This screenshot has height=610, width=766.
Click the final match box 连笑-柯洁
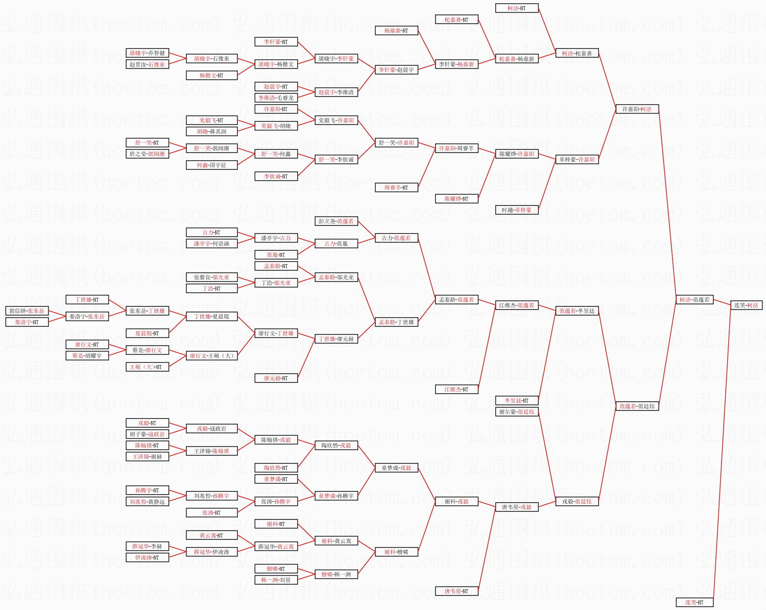(746, 305)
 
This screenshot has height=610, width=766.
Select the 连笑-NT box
(695, 602)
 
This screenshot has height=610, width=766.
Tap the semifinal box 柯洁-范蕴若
(695, 300)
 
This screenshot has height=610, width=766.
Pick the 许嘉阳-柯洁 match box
(637, 109)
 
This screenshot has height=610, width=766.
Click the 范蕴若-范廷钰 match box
(637, 406)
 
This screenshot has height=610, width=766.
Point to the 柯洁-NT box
(517, 8)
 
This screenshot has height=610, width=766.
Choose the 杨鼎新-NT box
(396, 30)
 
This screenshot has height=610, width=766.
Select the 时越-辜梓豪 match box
(517, 210)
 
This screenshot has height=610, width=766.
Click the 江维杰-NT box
(457, 389)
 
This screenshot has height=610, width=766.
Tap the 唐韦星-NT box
(457, 591)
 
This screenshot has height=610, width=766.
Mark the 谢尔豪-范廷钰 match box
(517, 412)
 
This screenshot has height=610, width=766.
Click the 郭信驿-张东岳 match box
(27, 311)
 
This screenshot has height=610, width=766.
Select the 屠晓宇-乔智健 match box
(147, 53)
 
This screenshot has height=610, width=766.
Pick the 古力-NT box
(212, 232)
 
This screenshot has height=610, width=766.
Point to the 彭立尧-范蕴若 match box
(336, 221)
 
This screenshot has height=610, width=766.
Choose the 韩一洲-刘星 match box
(276, 580)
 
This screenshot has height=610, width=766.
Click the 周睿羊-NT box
(396, 187)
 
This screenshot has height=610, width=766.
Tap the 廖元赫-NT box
(276, 378)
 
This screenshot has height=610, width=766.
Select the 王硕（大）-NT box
(147, 367)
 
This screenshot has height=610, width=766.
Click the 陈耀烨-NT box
(457, 198)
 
